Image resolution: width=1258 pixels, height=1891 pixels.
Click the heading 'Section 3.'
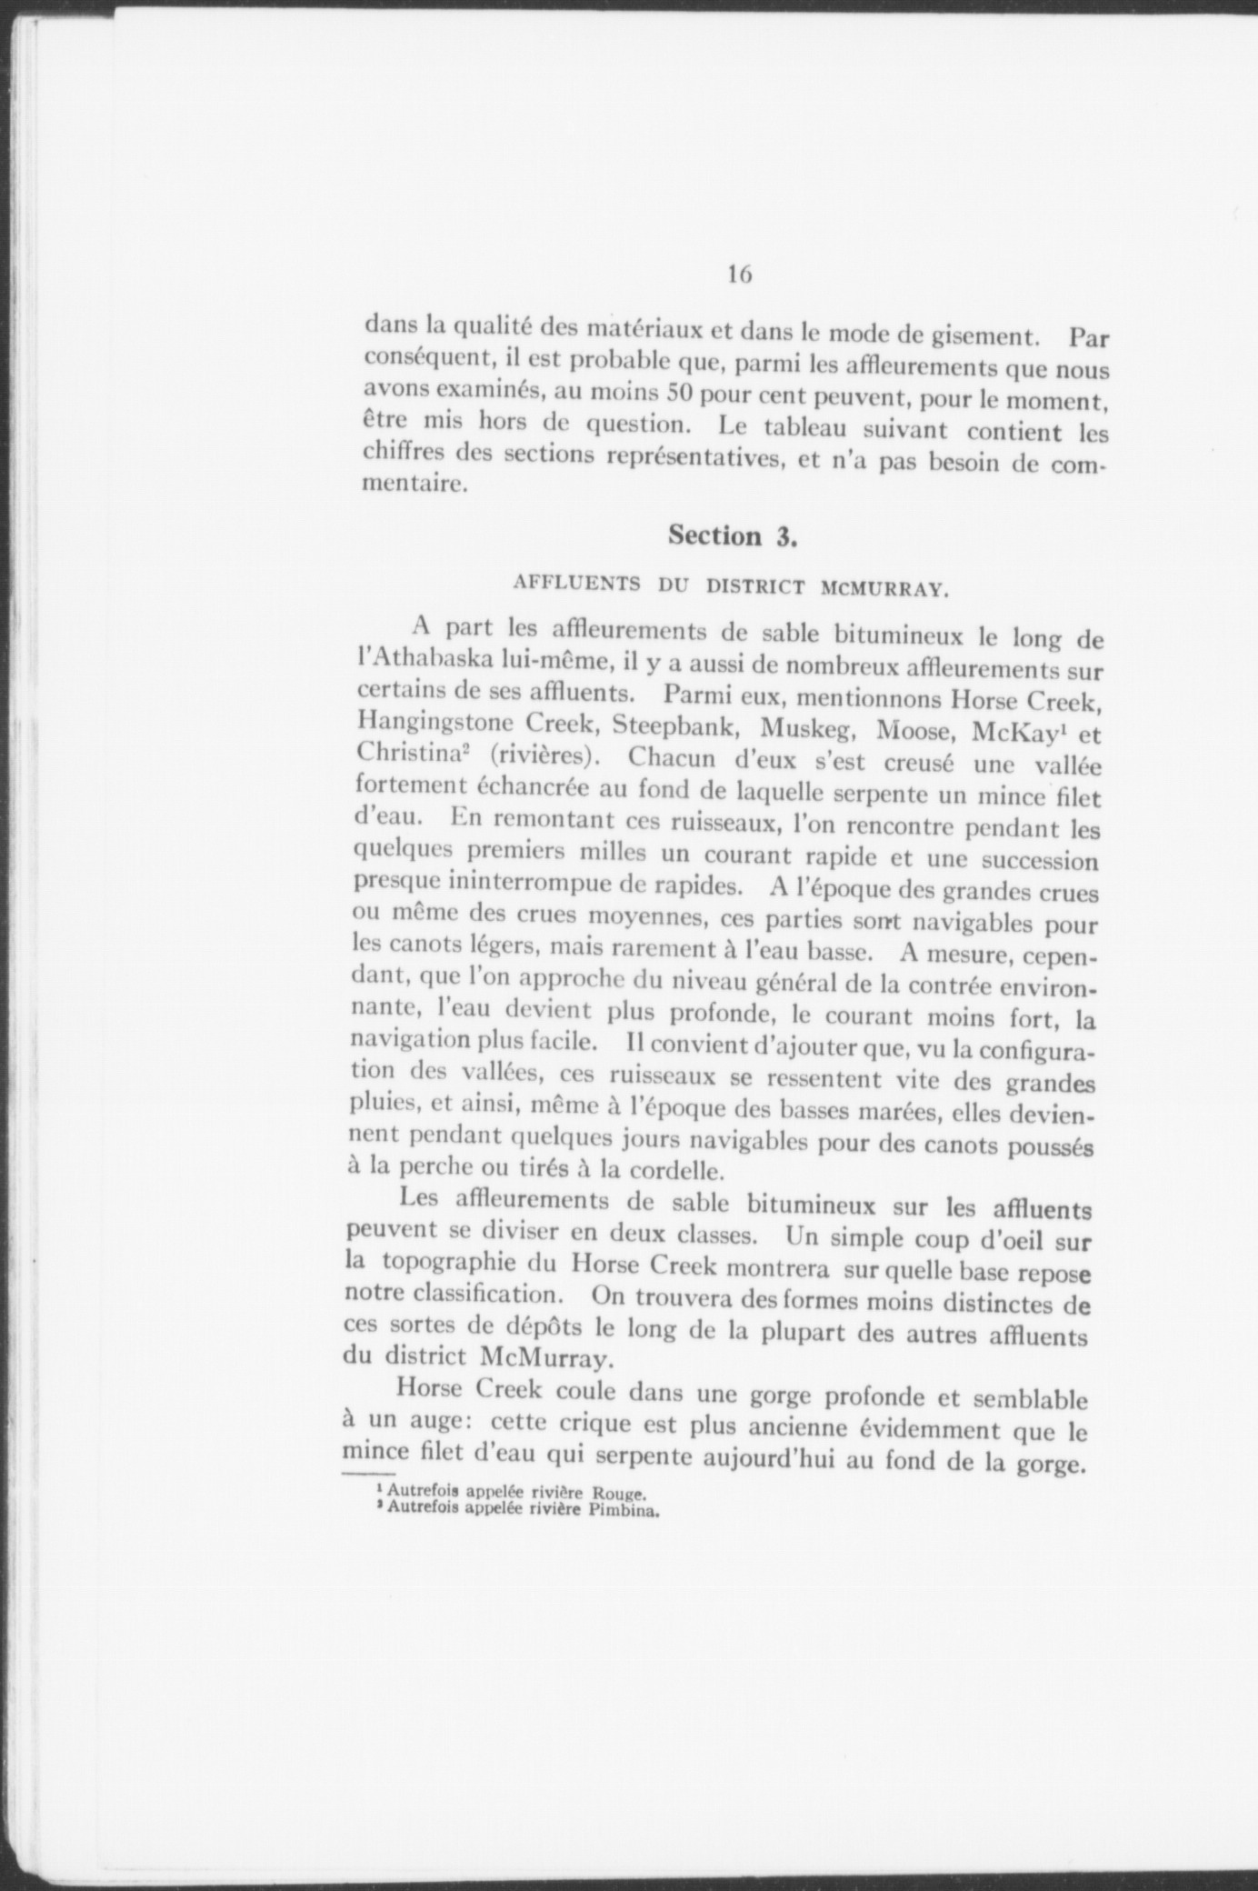(733, 535)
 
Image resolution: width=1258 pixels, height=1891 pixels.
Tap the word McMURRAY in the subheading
(885, 587)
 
